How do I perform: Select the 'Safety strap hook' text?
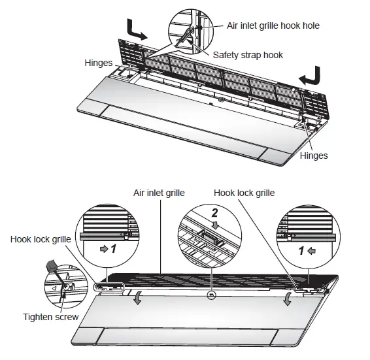[248, 55]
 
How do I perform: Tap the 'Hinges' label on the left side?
[99, 63]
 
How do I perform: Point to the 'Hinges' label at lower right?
[314, 156]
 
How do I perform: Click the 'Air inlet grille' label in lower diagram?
[160, 193]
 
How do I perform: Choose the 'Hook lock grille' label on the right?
[244, 193]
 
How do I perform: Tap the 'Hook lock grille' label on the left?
[39, 240]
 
